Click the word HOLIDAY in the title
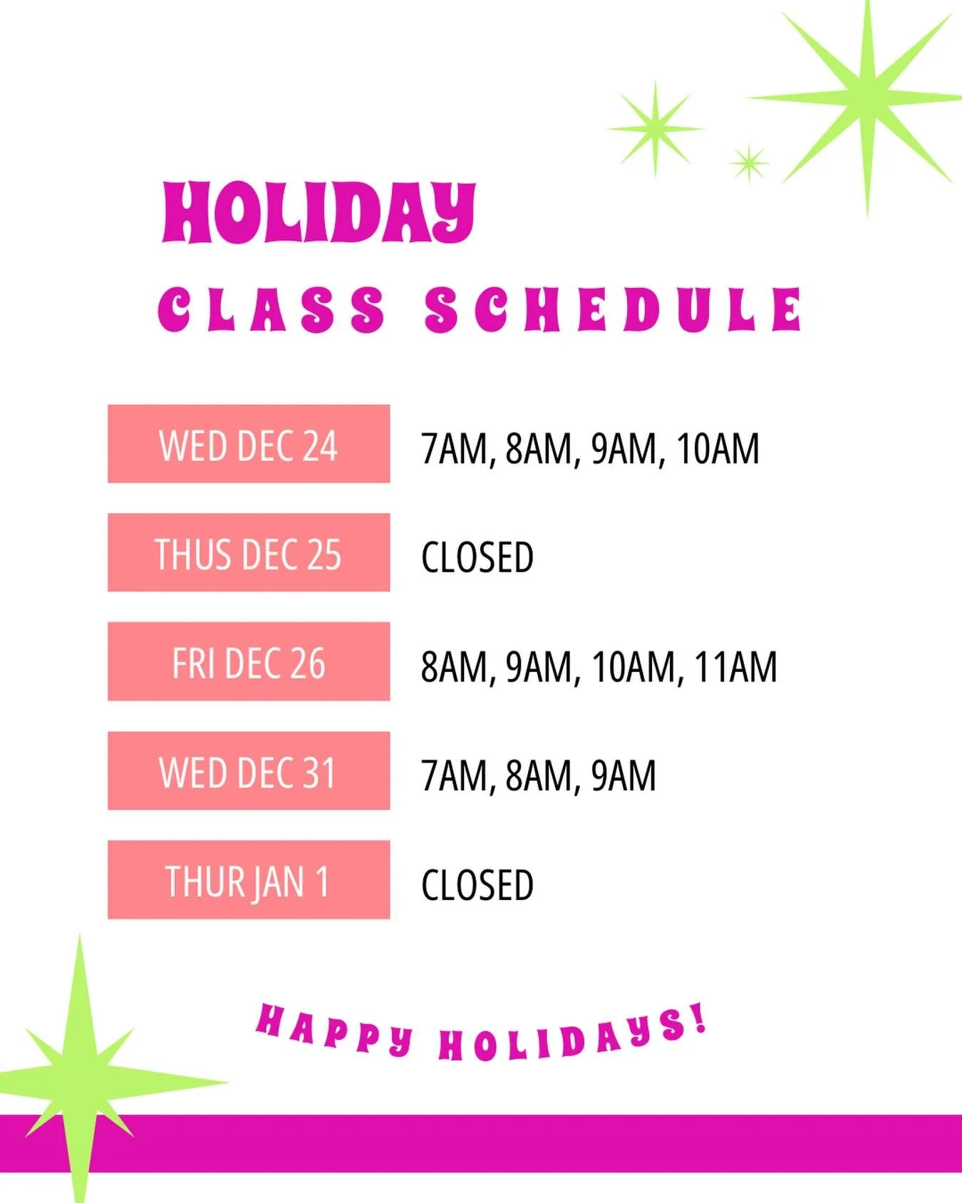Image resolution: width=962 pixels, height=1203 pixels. (319, 212)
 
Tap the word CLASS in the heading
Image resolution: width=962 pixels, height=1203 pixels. (271, 310)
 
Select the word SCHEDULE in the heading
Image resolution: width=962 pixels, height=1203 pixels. (614, 310)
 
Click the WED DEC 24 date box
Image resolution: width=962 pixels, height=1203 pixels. (249, 444)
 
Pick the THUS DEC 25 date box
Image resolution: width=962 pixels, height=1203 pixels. (249, 553)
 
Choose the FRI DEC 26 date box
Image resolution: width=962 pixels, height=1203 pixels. (249, 662)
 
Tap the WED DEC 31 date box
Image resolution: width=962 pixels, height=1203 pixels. (249, 771)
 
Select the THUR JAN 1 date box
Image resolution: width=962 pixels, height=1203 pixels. (249, 880)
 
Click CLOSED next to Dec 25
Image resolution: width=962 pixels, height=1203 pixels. (477, 557)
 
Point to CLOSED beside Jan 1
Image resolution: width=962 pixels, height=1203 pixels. (477, 885)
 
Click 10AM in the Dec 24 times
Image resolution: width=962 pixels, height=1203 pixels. (718, 449)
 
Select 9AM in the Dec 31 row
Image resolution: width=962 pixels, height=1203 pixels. (624, 776)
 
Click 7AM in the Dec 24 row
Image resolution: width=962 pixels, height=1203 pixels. (454, 449)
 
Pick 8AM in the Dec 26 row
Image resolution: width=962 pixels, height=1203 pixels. (454, 667)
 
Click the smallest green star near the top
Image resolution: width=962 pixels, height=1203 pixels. (749, 163)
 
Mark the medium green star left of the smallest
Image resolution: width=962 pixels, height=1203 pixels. (656, 129)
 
